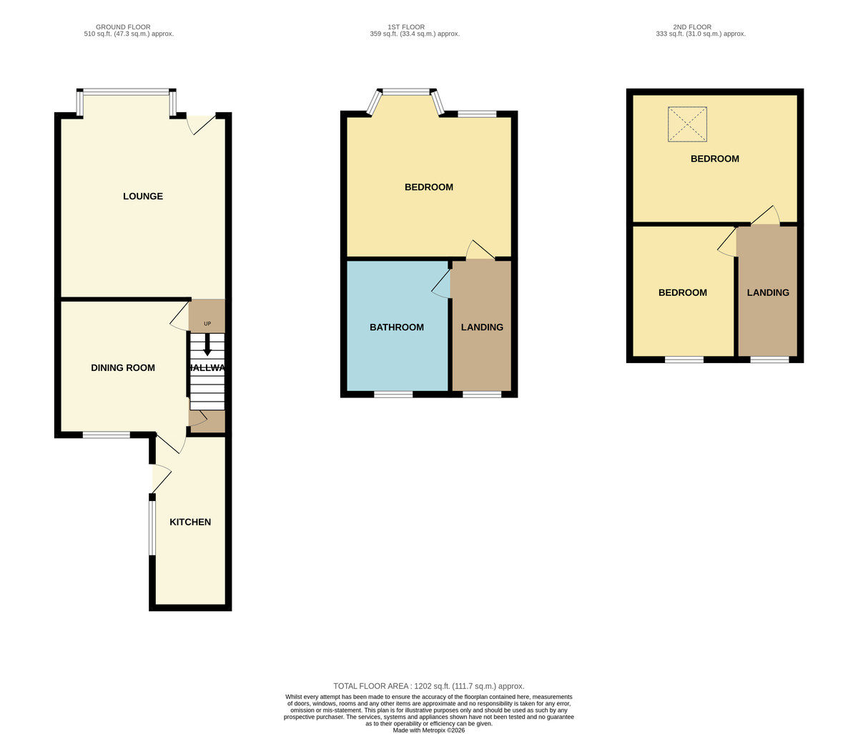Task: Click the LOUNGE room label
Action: (143, 197)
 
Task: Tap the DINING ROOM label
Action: (123, 367)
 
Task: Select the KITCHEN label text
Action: (190, 522)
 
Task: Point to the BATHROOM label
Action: (397, 327)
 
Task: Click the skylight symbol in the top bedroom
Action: (687, 124)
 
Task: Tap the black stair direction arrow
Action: (207, 344)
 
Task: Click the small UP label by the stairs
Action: (207, 324)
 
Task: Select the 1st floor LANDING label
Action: (482, 327)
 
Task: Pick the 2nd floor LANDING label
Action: (768, 292)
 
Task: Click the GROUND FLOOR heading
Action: (123, 27)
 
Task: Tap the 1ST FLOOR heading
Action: (406, 27)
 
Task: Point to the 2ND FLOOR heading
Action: (692, 27)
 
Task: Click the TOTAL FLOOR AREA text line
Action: (429, 686)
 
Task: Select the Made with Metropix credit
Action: (429, 730)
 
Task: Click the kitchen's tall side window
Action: (152, 527)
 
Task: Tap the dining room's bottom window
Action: (107, 435)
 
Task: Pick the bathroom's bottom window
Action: (393, 395)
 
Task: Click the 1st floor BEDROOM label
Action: (429, 187)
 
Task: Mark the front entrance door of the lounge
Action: (202, 124)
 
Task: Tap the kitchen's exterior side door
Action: (161, 479)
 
